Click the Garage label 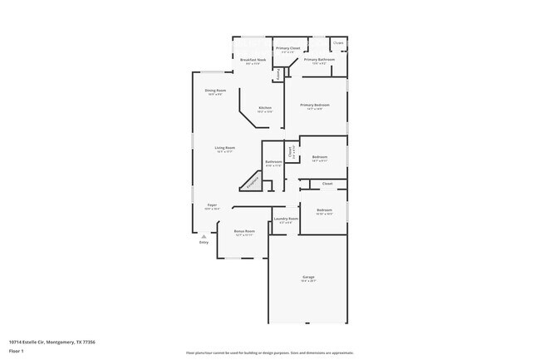307,277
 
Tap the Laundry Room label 287,219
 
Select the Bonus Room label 243,231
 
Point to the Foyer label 212,205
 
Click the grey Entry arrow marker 204,236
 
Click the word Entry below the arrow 204,243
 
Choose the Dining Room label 215,90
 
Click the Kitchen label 265,108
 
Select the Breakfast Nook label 253,60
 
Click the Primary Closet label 288,48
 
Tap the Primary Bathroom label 319,60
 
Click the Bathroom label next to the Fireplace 274,161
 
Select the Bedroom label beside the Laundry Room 324,210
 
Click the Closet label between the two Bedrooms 327,184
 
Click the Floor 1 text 17,351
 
